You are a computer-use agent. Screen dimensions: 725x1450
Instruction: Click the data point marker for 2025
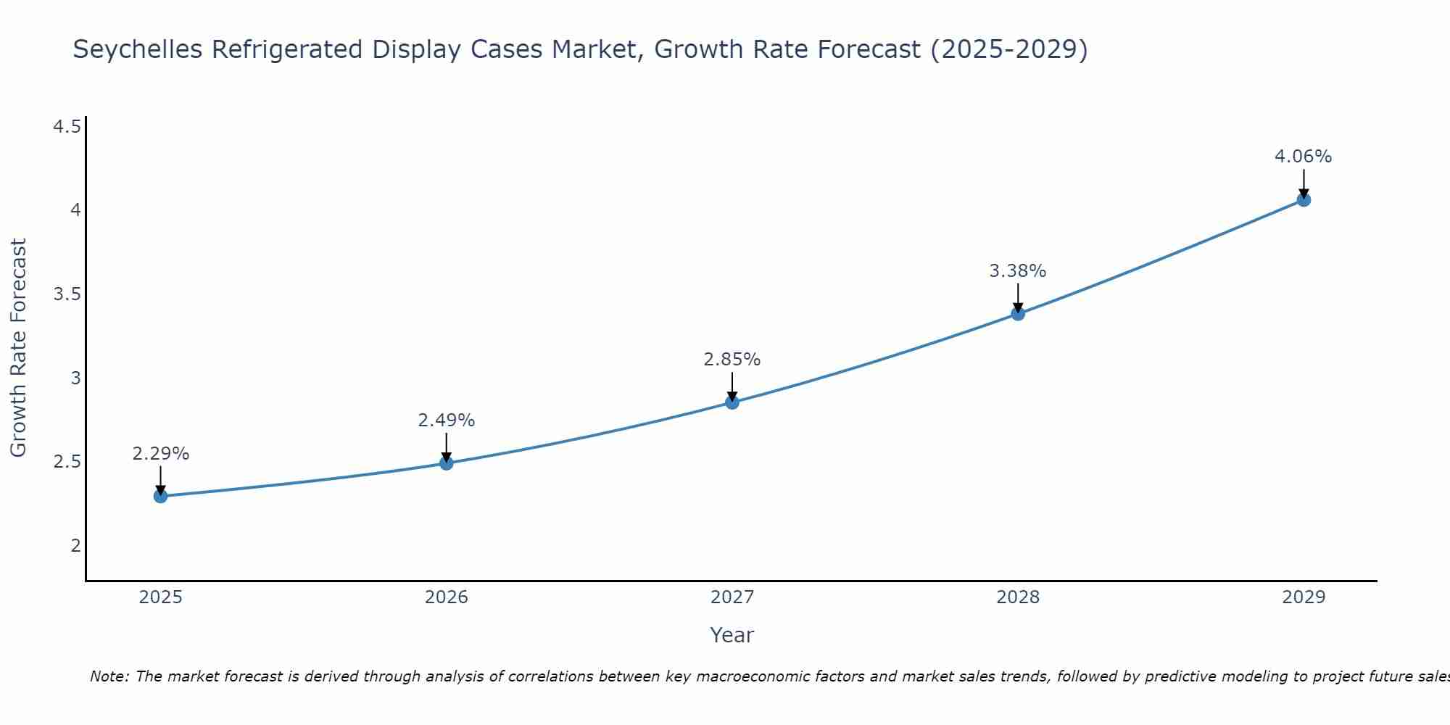click(160, 496)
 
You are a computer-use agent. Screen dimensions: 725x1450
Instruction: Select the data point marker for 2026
click(447, 463)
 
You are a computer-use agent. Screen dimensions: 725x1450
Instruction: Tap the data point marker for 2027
click(732, 402)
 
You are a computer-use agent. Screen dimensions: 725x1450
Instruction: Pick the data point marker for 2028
click(1018, 313)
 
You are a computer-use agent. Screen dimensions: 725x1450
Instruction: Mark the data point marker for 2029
click(1304, 199)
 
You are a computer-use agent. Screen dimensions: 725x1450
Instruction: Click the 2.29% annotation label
click(160, 454)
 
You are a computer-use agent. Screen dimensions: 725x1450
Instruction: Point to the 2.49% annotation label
click(447, 420)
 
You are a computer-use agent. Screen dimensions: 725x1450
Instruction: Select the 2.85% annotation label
click(732, 360)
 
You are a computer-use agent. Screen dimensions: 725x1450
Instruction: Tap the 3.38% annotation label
click(1018, 271)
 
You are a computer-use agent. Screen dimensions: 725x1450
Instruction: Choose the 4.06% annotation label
click(1304, 157)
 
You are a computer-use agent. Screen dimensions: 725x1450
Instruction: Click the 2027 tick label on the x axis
click(732, 597)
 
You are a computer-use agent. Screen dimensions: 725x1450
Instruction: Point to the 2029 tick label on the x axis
click(1304, 597)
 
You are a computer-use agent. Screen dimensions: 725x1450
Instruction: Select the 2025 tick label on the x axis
click(160, 597)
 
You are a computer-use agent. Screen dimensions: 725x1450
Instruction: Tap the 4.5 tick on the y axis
click(67, 128)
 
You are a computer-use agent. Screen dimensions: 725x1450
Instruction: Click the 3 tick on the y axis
click(75, 378)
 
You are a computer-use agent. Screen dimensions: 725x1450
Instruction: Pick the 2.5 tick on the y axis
click(67, 462)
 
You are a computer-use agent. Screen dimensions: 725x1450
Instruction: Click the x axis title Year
click(732, 635)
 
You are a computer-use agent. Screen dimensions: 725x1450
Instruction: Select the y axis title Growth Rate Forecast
click(18, 348)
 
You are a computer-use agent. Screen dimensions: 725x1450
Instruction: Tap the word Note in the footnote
click(109, 676)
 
